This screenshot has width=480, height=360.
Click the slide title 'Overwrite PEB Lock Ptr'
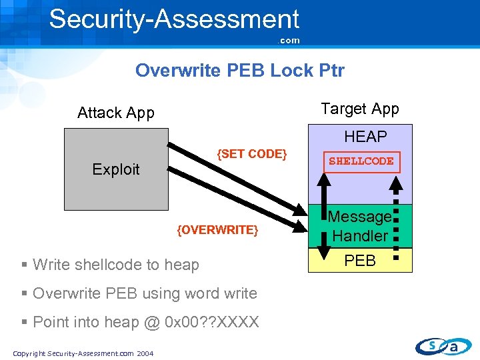pyautogui.click(x=239, y=70)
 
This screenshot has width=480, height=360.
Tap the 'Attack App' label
pyautogui.click(x=115, y=113)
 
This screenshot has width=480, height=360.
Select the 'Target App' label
pyautogui.click(x=359, y=109)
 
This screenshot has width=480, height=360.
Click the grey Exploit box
pyautogui.click(x=116, y=169)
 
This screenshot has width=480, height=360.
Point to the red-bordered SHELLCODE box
pyautogui.click(x=361, y=161)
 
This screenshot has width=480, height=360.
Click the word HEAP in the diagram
pyautogui.click(x=365, y=137)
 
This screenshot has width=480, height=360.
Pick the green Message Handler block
pyautogui.click(x=361, y=226)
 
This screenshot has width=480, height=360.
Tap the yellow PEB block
pyautogui.click(x=360, y=261)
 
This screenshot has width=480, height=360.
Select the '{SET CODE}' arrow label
pyautogui.click(x=252, y=154)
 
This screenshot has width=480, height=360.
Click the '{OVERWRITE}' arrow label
pyautogui.click(x=217, y=230)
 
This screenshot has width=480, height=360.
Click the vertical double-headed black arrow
pyautogui.click(x=323, y=227)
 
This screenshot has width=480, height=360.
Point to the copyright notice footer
pyautogui.click(x=83, y=353)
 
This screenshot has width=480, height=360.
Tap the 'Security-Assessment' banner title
pyautogui.click(x=174, y=19)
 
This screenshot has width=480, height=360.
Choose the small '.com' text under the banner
pyautogui.click(x=289, y=41)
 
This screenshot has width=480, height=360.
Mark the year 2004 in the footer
pyautogui.click(x=145, y=353)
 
